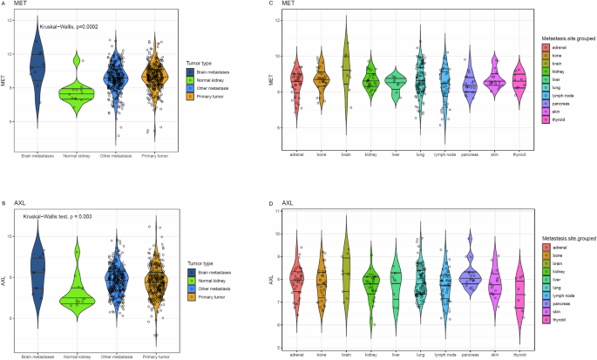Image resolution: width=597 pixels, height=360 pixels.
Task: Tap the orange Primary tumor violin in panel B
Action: pyautogui.click(x=156, y=279)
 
